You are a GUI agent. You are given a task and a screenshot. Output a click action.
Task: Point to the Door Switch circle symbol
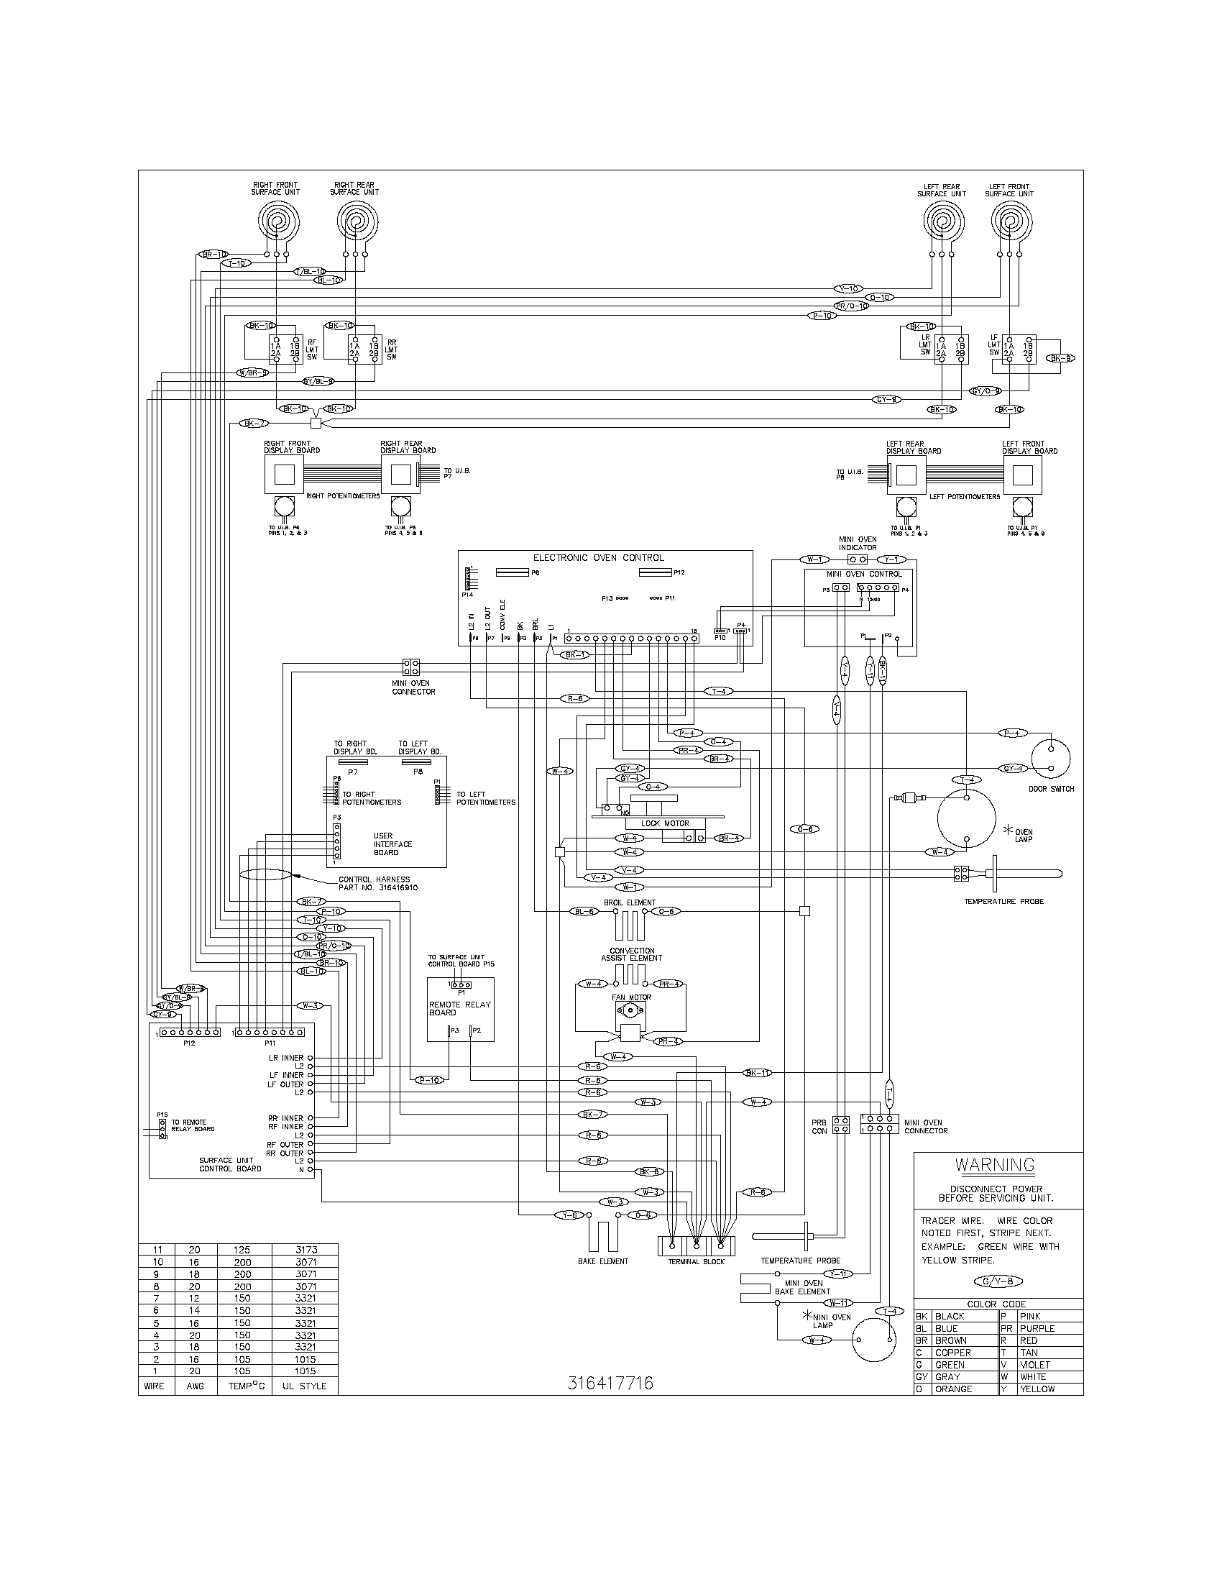tap(1050, 759)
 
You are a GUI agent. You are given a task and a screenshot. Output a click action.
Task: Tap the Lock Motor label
tap(666, 823)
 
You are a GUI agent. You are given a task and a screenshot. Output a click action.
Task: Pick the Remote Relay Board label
tap(460, 1008)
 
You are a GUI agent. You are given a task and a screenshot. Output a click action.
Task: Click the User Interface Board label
tap(392, 844)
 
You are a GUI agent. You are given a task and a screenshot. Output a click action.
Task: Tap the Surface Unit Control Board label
tap(230, 1164)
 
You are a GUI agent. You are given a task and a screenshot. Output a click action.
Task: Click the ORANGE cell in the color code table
tap(953, 1389)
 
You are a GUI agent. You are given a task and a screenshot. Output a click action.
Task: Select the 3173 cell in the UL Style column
tap(305, 1250)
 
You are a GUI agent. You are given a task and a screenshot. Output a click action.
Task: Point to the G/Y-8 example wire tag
tap(998, 1281)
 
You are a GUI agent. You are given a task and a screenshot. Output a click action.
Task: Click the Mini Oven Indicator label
tap(858, 543)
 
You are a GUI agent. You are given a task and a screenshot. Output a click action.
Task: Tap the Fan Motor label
tap(631, 997)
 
